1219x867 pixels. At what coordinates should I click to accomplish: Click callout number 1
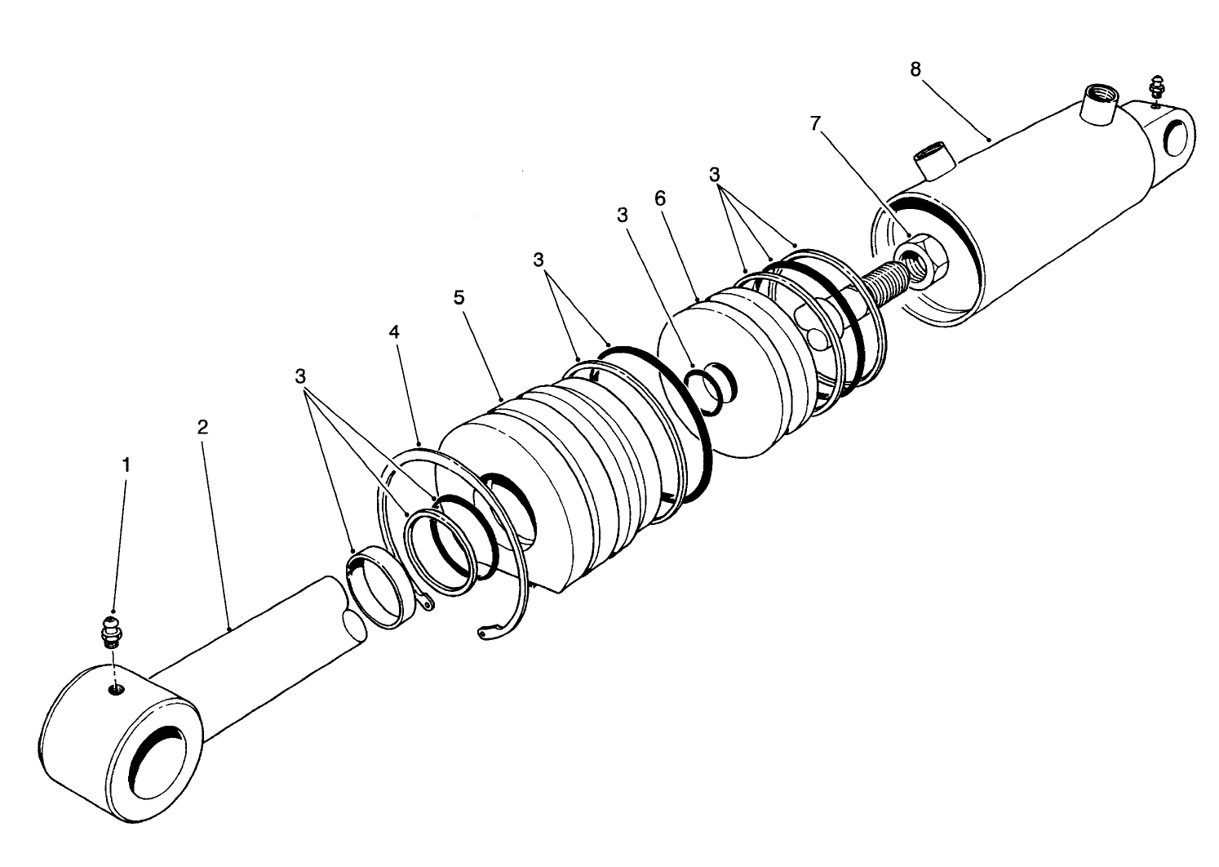pyautogui.click(x=126, y=465)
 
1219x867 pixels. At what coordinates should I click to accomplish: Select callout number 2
pyautogui.click(x=202, y=426)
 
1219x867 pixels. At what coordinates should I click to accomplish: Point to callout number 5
pyautogui.click(x=459, y=297)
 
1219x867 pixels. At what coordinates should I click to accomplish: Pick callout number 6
pyautogui.click(x=660, y=198)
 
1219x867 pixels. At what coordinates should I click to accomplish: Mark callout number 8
pyautogui.click(x=915, y=69)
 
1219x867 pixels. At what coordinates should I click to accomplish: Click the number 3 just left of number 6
pyautogui.click(x=623, y=215)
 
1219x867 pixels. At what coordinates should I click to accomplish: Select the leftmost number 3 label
pyautogui.click(x=300, y=376)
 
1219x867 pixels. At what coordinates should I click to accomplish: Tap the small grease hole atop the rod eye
pyautogui.click(x=116, y=691)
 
